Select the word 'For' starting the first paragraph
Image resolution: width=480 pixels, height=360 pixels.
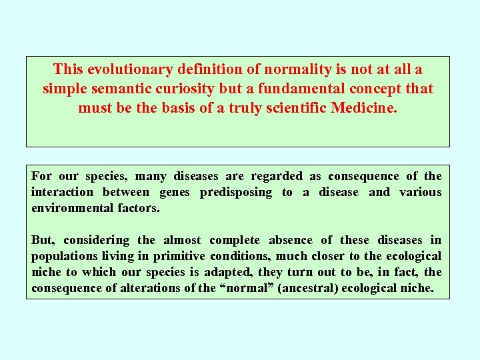(x=41, y=176)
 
